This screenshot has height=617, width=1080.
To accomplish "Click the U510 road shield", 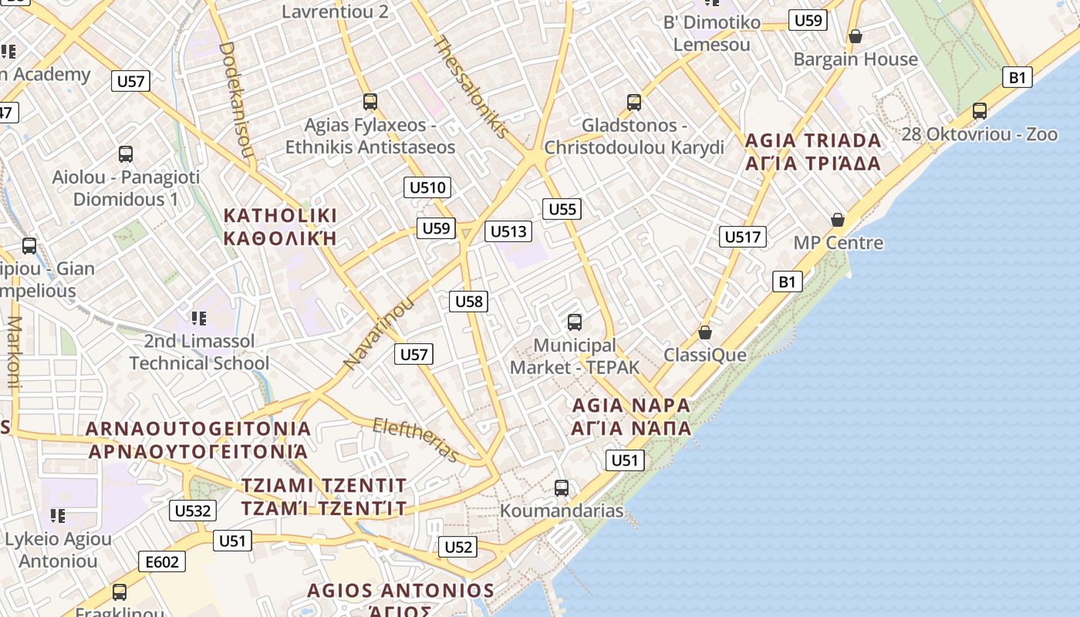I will pyautogui.click(x=427, y=187).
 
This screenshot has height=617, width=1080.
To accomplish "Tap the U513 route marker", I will pyautogui.click(x=508, y=231).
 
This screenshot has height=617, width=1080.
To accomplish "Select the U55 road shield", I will pyautogui.click(x=562, y=209).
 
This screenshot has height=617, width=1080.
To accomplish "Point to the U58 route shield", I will pyautogui.click(x=469, y=301).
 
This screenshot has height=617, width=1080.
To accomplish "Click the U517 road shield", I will pyautogui.click(x=743, y=237).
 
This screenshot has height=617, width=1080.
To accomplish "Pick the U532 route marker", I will pyautogui.click(x=192, y=511).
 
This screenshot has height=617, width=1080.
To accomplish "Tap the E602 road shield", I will pyautogui.click(x=162, y=562).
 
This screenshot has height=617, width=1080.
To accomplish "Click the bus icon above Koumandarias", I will pyautogui.click(x=562, y=487).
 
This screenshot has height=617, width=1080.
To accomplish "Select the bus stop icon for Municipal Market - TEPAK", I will pyautogui.click(x=574, y=322).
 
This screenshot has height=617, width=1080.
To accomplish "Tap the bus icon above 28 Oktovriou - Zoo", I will pyautogui.click(x=980, y=111).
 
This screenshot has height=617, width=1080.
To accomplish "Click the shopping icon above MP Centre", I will pyautogui.click(x=838, y=220).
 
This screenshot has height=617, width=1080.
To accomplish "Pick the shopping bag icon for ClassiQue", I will pyautogui.click(x=704, y=332).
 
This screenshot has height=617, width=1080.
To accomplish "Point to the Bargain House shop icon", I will pyautogui.click(x=855, y=36).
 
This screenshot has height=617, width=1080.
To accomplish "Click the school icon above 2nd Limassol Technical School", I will pyautogui.click(x=199, y=318).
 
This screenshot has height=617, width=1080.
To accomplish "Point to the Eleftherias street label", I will pyautogui.click(x=416, y=440).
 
